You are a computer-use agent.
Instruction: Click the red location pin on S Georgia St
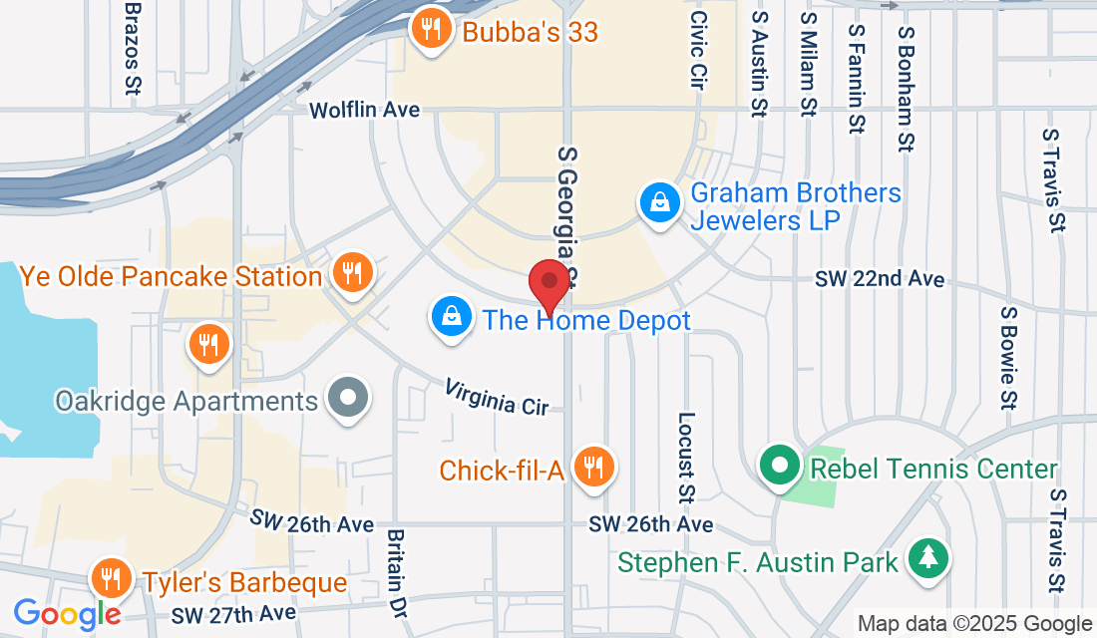[x=548, y=282]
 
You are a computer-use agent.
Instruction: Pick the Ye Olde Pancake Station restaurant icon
[x=351, y=272]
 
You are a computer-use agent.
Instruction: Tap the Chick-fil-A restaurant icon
[x=594, y=466]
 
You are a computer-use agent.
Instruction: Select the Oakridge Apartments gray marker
[x=347, y=400]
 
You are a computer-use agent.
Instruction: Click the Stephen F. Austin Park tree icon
[x=928, y=559]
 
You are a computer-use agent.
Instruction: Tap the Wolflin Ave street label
[x=364, y=110]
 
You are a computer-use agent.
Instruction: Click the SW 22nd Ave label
[x=880, y=279]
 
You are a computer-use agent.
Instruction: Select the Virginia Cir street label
[x=497, y=397]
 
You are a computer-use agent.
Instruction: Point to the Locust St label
[x=686, y=458]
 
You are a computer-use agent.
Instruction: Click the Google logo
[x=67, y=613]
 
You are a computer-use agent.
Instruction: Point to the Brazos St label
[x=132, y=47]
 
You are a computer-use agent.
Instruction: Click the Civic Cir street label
[x=698, y=52]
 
